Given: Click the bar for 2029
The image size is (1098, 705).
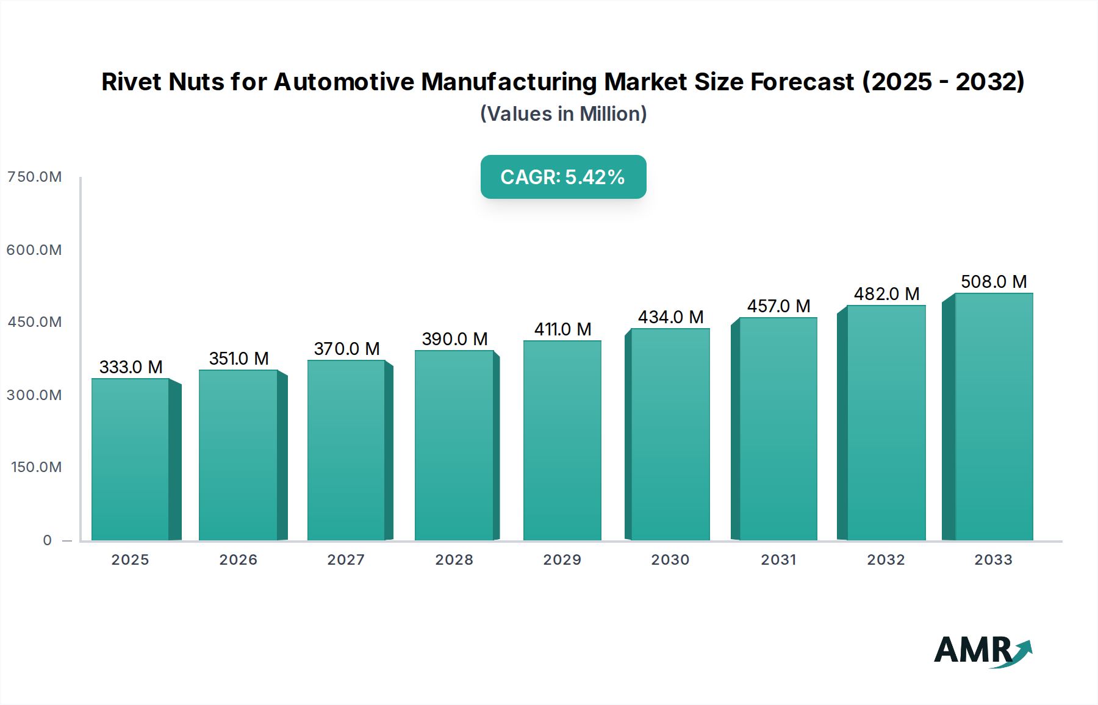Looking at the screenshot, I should point(562,440).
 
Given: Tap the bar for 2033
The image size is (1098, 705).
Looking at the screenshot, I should point(993,417).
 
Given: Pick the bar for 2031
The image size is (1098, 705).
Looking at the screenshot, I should point(778,429).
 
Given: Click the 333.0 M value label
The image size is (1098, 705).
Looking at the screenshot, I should point(131,367).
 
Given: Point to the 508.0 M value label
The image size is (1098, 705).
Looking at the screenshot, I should point(994,282).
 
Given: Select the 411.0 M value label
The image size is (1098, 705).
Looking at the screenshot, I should point(562,329).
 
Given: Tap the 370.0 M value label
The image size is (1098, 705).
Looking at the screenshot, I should point(346,349).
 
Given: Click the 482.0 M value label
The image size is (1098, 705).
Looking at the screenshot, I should point(886,294).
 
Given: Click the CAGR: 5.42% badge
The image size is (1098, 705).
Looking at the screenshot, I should point(563,177).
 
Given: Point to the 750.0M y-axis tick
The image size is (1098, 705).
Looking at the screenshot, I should point(34,177).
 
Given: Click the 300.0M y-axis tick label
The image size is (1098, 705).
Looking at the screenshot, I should point(34,395).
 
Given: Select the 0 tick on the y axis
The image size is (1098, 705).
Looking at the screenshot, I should point(48,540).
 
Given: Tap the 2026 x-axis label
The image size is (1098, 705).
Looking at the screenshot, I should point(239,560).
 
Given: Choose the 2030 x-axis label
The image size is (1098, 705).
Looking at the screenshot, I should point(670,560).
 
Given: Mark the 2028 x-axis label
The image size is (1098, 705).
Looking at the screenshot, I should point(454,560).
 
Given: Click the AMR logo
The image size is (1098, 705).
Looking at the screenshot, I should point(982,651).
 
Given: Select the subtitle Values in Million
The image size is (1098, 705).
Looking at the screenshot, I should point(563,114).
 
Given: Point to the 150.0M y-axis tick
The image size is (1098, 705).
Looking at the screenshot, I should point(36,467).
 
